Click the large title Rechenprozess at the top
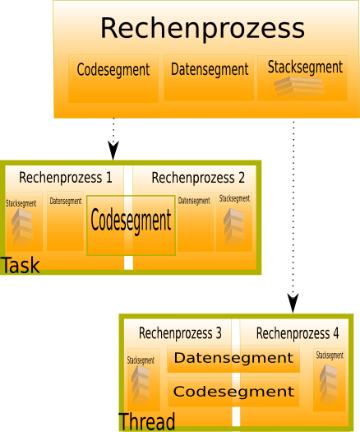202,28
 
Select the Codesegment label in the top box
113,70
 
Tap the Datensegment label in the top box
210,69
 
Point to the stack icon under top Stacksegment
299,86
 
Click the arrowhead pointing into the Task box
113,151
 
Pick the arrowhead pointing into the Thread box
293,304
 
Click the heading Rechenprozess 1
66,178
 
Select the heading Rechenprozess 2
198,178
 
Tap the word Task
20,265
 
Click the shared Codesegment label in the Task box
131,221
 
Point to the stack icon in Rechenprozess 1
22,227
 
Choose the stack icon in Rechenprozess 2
234,226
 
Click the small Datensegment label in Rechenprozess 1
66,202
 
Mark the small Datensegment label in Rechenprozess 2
194,201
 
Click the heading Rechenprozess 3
180,333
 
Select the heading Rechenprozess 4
298,333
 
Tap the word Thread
146,421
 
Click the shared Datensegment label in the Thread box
233,358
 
